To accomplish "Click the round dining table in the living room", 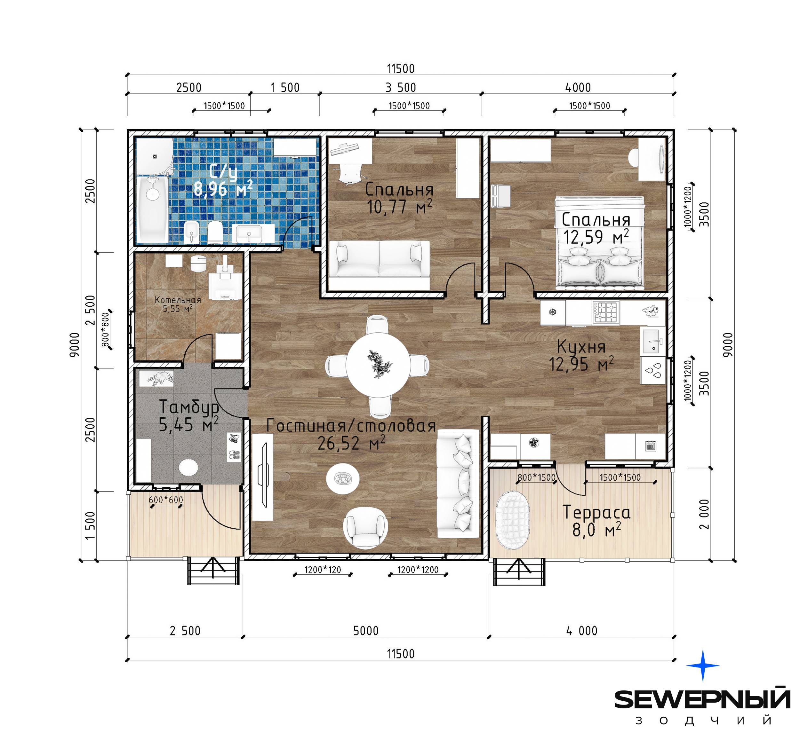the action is (378, 365).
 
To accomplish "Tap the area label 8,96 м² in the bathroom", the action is (223, 188).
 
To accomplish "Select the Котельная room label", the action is (178, 300).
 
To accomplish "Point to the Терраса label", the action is (596, 512).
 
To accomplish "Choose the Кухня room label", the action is (581, 347).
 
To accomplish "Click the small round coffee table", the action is (343, 479).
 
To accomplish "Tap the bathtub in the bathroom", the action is (152, 209).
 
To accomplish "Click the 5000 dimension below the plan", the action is (365, 630).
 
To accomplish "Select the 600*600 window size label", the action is (166, 500).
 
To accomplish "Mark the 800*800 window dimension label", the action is (105, 330).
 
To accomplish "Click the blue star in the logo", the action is (703, 666).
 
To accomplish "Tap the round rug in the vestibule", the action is (188, 467).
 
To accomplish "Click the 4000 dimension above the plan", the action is (578, 87).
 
